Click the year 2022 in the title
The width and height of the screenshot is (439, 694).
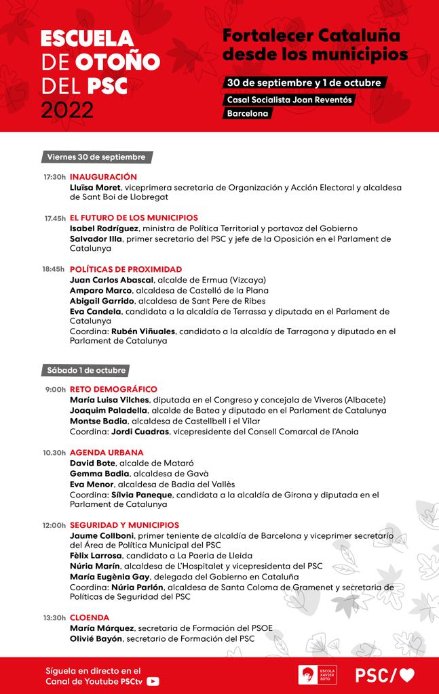(x=67, y=109)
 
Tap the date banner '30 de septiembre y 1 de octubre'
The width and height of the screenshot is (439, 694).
(x=307, y=83)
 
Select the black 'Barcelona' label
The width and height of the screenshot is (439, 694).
(x=248, y=114)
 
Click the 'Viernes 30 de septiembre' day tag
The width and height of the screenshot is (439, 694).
(x=96, y=157)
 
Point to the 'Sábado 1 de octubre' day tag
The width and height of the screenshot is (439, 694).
(x=86, y=371)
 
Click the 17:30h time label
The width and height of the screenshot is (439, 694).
(x=54, y=177)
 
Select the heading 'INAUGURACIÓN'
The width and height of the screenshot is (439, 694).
(x=103, y=177)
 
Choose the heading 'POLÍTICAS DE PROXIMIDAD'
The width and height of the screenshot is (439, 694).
(x=126, y=269)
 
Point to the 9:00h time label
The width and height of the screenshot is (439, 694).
(x=56, y=390)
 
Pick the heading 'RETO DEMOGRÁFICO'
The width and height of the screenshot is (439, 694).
(x=113, y=390)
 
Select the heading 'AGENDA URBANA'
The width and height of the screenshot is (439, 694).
(x=107, y=452)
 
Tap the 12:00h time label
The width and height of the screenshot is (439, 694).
(x=54, y=525)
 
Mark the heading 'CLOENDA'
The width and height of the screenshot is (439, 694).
(x=90, y=617)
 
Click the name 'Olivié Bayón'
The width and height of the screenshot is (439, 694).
(x=96, y=639)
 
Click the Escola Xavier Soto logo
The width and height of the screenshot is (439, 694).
(x=318, y=675)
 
